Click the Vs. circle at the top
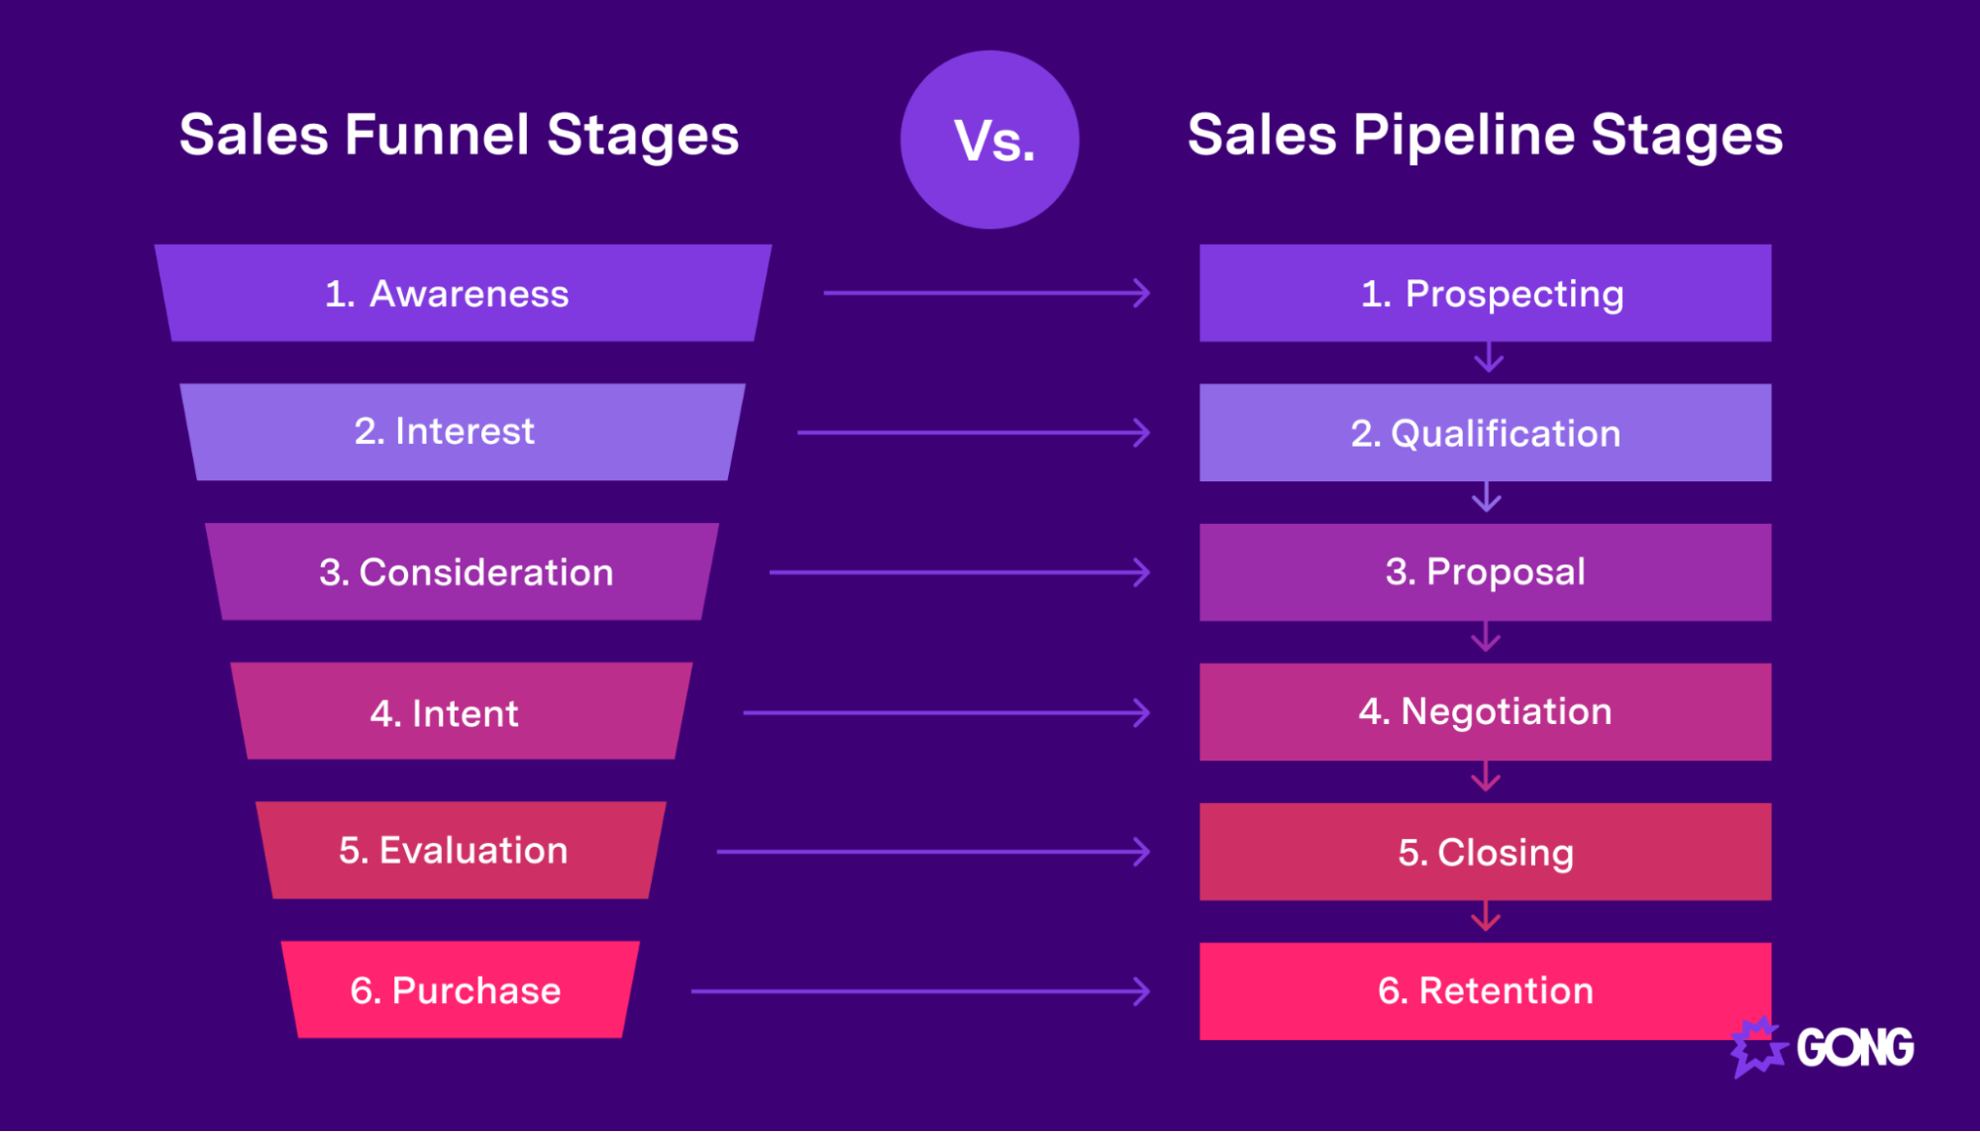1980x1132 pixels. pyautogui.click(x=990, y=140)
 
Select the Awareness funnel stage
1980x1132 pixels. pyautogui.click(x=463, y=293)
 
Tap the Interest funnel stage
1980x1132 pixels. pyautogui.click(x=463, y=432)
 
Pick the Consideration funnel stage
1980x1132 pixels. pyautogui.click(x=463, y=571)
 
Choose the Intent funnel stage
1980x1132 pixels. pyautogui.click(x=462, y=711)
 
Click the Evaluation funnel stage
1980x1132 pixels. pyautogui.click(x=462, y=851)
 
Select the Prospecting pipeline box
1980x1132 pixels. pyautogui.click(x=1485, y=293)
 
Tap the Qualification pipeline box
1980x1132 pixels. pyautogui.click(x=1485, y=433)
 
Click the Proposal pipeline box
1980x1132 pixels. pyautogui.click(x=1485, y=572)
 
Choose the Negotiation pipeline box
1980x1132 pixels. pyautogui.click(x=1485, y=712)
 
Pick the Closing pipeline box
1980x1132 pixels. pyautogui.click(x=1485, y=852)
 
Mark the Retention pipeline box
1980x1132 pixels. pyautogui.click(x=1485, y=990)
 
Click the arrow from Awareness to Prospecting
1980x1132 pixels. pyautogui.click(x=987, y=293)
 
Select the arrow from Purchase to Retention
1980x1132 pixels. pyautogui.click(x=920, y=990)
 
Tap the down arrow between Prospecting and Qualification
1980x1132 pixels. pyautogui.click(x=1489, y=359)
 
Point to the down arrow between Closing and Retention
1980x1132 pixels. pyautogui.click(x=1486, y=918)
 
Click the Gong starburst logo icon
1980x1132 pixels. pyautogui.click(x=1757, y=1047)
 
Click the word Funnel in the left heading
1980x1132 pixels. pyautogui.click(x=437, y=135)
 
